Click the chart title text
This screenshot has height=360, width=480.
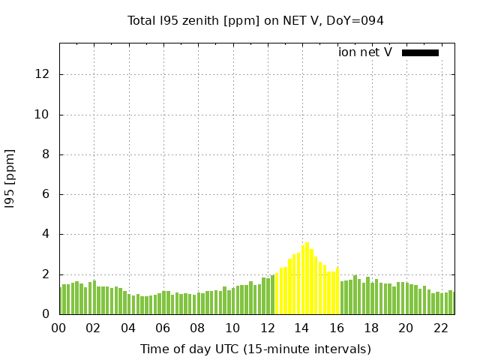[x=256, y=20]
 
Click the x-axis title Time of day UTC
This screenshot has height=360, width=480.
[x=255, y=349]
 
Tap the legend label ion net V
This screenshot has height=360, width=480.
[x=365, y=52]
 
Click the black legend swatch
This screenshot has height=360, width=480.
[x=420, y=52]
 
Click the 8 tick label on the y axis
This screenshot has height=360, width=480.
[x=47, y=154]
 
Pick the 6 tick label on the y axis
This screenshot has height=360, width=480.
[x=47, y=194]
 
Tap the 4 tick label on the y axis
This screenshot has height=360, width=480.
[x=47, y=234]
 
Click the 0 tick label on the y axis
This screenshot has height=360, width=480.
[x=47, y=314]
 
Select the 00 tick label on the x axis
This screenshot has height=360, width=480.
[x=58, y=328]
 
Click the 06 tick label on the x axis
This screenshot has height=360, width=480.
[x=163, y=328]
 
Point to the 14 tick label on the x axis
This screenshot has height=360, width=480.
[x=301, y=328]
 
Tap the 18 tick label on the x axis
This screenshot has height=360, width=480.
[x=371, y=328]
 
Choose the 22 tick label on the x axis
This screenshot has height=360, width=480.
[x=441, y=328]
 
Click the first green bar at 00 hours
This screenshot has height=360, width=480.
[x=61, y=301]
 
